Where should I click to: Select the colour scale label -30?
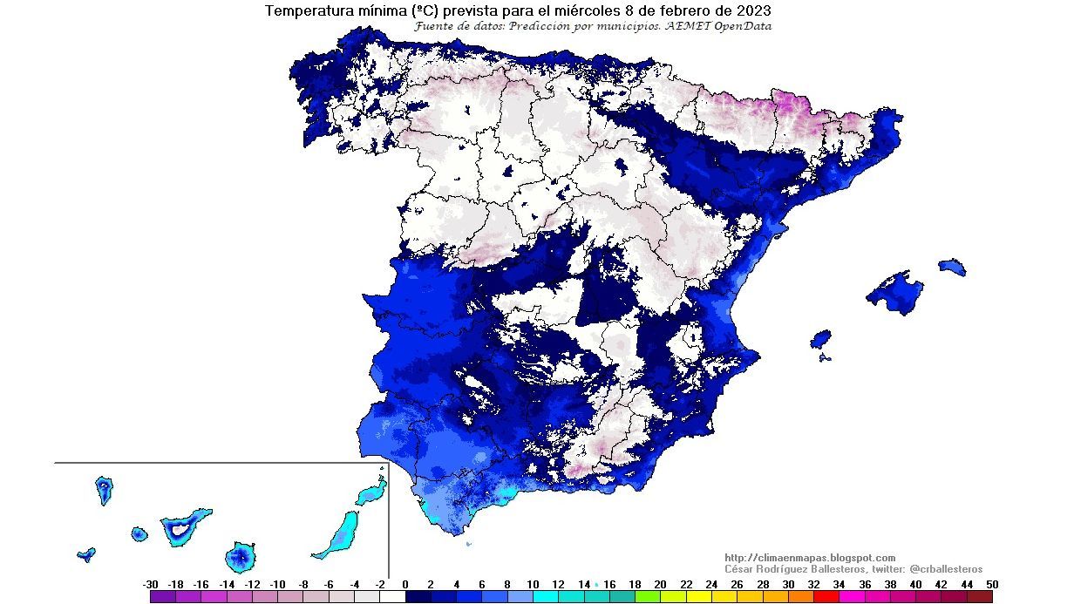pos(150,584)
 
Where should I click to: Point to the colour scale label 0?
pos(405,584)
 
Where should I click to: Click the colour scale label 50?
pos(992,584)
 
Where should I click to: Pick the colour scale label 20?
pos(660,584)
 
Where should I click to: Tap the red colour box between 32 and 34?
pos(826,597)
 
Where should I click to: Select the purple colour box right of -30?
pos(162,597)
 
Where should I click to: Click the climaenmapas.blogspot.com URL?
pos(810,558)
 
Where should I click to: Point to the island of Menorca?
pos(952,266)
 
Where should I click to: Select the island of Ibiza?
pos(820,338)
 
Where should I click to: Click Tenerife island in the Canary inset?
pos(185,526)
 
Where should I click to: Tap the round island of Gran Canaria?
pos(240,556)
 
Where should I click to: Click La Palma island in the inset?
pos(105,490)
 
